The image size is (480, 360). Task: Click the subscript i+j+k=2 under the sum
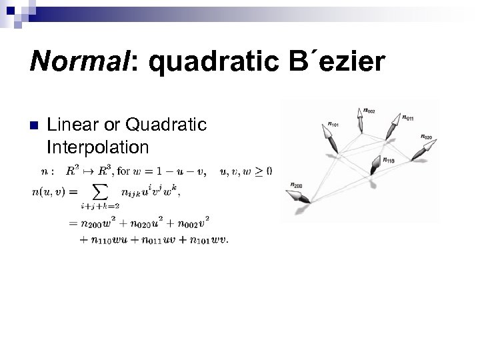tap(99, 207)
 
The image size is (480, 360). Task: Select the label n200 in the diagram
tap(297, 185)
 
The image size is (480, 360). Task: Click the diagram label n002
tap(368, 110)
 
